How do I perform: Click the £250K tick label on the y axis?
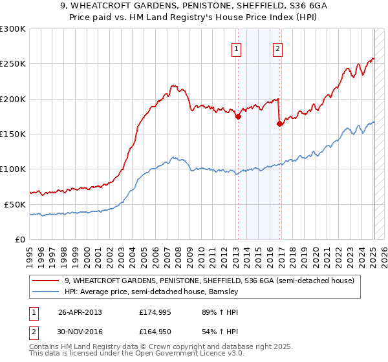pos(13,64)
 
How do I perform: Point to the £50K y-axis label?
pos(15,204)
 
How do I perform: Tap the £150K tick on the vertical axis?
pos(13,134)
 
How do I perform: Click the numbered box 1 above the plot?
pos(237,48)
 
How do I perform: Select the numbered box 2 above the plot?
pos(277,48)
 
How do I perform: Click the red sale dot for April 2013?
pos(238,117)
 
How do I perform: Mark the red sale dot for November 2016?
pos(279,124)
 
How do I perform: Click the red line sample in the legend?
pos(46,281)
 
